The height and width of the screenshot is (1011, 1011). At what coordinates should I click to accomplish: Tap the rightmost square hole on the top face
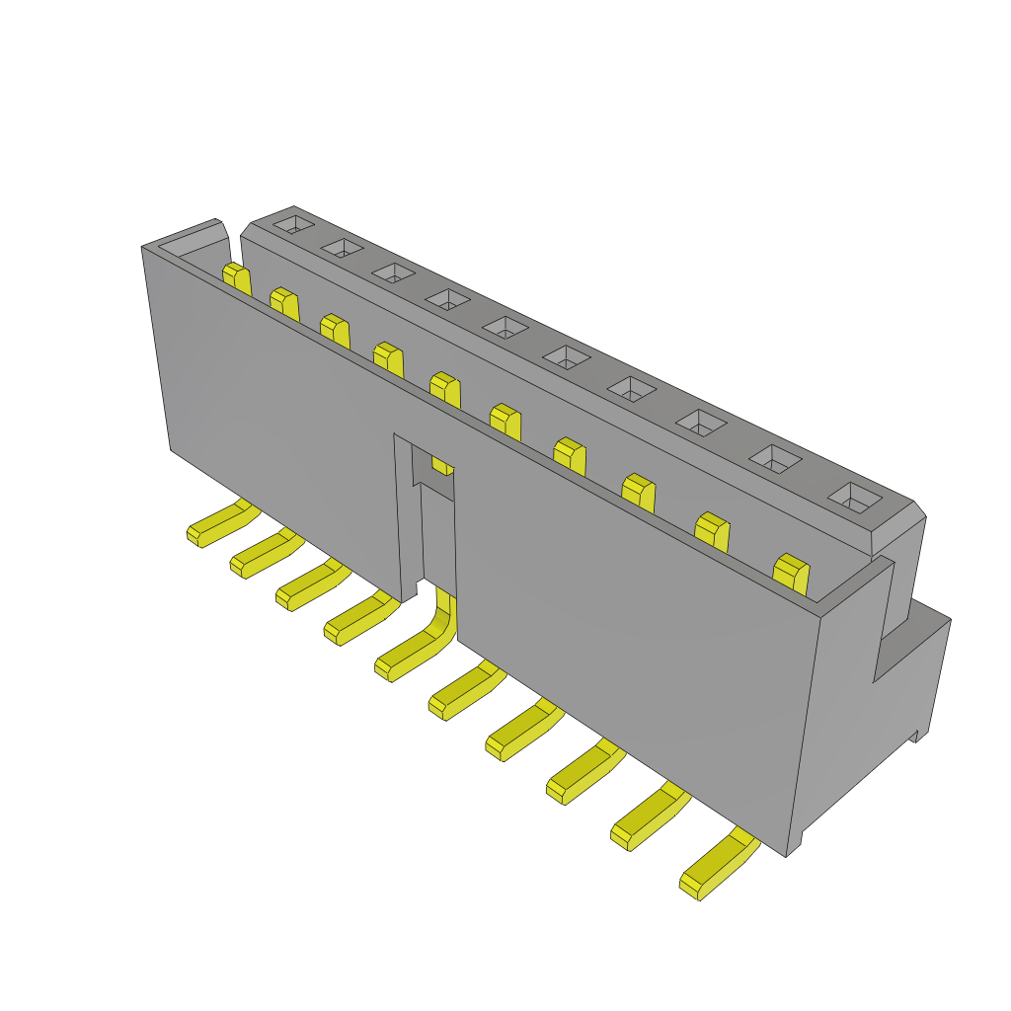coord(854,499)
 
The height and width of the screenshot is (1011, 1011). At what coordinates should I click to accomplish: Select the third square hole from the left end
coord(392,273)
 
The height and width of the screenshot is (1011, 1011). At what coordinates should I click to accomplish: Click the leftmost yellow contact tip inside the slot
coord(236,277)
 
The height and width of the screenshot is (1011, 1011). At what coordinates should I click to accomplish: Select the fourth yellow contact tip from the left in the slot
coord(388,359)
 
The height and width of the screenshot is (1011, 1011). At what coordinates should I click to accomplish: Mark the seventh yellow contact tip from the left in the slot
coord(570,455)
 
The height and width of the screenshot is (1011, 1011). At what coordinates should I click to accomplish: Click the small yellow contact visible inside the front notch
coord(443,465)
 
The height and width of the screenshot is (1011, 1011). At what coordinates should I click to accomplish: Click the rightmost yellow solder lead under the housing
coord(717,866)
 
